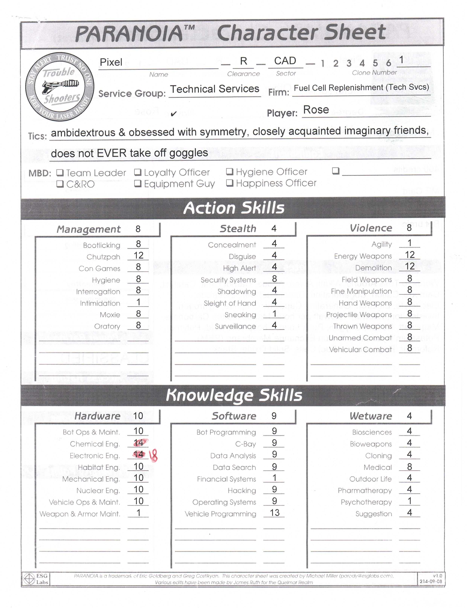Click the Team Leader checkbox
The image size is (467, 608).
pyautogui.click(x=60, y=173)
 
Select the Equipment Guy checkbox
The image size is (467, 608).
pyautogui.click(x=138, y=183)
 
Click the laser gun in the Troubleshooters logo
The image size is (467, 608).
pyautogui.click(x=60, y=86)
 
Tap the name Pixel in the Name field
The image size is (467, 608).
pyautogui.click(x=111, y=62)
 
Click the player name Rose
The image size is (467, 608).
pyautogui.click(x=316, y=110)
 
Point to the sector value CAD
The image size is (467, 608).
pyautogui.click(x=285, y=61)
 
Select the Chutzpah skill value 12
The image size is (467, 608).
pyautogui.click(x=138, y=255)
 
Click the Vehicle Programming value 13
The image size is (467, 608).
pyautogui.click(x=274, y=513)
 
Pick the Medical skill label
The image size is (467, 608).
pyautogui.click(x=378, y=467)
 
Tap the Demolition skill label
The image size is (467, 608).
pyautogui.click(x=373, y=268)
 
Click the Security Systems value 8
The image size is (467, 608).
pyautogui.click(x=274, y=279)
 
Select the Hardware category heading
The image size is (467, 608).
pyautogui.click(x=97, y=416)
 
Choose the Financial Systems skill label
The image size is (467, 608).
pyautogui.click(x=226, y=479)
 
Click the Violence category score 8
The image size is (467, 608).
pyautogui.click(x=409, y=228)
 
